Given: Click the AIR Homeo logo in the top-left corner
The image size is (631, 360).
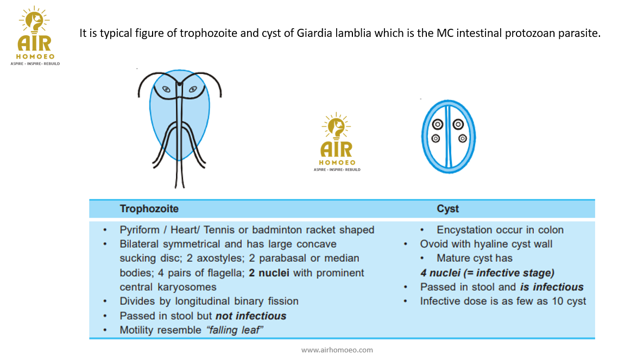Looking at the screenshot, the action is point(35,36).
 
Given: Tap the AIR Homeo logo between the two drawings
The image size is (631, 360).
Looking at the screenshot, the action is point(337,142).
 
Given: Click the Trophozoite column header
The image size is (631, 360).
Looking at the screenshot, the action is point(149,209).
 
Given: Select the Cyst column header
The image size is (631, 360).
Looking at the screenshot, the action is point(447,209).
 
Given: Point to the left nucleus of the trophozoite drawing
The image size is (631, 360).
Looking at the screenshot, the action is point(166,89).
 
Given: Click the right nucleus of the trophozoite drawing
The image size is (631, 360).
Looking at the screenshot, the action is point(193,89).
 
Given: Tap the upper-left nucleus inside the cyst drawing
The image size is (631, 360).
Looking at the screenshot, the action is point(438,124).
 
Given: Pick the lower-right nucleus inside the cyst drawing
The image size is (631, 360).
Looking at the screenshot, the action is point(462,138).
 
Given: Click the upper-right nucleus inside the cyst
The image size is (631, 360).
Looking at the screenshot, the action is point(458,124).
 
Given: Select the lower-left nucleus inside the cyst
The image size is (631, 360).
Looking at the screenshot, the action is point(436,138).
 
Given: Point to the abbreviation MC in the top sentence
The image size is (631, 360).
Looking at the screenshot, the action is point(444,33).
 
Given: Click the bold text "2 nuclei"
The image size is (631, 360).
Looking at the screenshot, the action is point(269,273).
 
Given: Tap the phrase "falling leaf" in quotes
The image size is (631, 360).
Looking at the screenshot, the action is point(235,330).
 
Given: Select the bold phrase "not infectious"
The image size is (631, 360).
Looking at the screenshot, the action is point(251,316).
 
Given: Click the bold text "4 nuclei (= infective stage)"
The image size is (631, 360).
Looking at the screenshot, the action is point(487,273).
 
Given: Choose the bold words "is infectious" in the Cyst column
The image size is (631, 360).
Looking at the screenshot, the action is point(552,287).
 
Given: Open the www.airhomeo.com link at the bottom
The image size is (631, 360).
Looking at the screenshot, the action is point(337,350).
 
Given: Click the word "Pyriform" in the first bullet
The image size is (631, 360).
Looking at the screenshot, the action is point(139,230).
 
